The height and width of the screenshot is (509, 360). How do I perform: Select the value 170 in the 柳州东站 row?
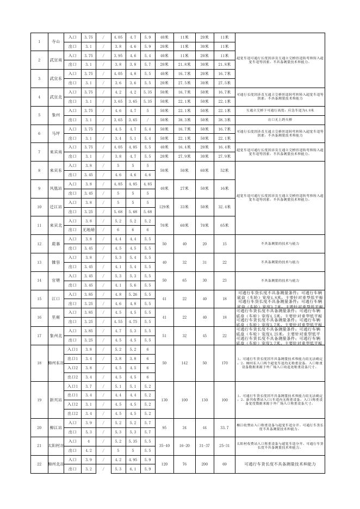[x=224, y=363]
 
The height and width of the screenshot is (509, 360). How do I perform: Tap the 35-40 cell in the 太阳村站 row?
[x=164, y=445]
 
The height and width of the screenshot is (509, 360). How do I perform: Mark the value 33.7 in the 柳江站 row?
[x=224, y=427]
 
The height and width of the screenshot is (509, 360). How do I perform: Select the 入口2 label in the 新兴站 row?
[x=72, y=404]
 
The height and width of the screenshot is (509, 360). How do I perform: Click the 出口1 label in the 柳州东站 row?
[x=72, y=358]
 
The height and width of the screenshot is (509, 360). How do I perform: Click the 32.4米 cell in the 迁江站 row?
[x=224, y=207]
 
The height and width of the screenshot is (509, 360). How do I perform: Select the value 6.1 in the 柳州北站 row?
[x=133, y=469]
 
